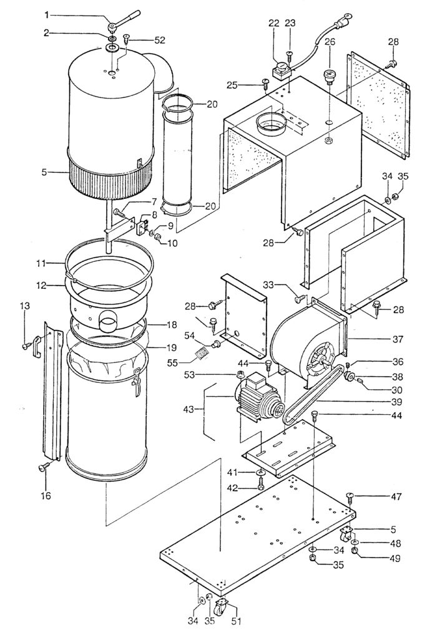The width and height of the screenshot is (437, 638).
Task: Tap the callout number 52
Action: coord(160,41)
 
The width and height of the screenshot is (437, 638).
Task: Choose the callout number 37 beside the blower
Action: coord(398,339)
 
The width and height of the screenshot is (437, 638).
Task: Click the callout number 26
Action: coord(330,42)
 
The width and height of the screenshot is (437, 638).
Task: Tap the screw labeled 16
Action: coord(44,466)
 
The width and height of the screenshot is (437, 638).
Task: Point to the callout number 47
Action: coord(396,496)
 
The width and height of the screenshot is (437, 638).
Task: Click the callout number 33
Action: coord(269,285)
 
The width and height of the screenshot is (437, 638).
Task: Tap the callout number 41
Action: coord(232,472)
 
